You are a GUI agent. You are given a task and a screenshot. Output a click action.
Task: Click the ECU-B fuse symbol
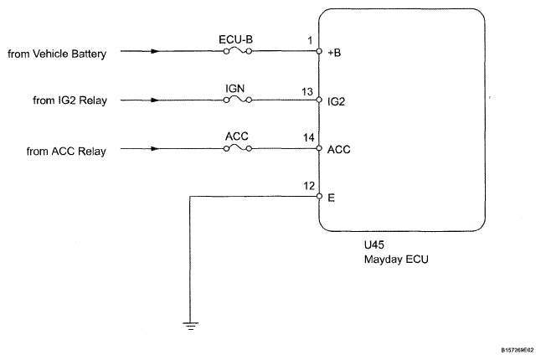[x=238, y=51]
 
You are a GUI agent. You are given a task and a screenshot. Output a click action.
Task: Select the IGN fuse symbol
[x=238, y=100]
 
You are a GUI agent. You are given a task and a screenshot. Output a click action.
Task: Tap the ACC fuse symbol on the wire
[x=238, y=149]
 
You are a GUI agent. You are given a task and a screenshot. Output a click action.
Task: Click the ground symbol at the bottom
[x=190, y=326]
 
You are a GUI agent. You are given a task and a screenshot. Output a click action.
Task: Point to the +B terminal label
[x=334, y=53]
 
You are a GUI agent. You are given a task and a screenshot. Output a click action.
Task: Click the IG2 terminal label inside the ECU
[x=336, y=101]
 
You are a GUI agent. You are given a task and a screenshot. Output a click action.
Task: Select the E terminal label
[x=331, y=198]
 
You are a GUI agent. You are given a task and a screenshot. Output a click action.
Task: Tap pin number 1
[x=310, y=41]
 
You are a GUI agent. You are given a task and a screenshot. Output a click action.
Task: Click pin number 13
[x=307, y=92]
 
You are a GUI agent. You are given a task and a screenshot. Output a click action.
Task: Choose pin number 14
[x=308, y=137]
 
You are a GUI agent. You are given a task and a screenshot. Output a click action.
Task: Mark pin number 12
[x=309, y=186]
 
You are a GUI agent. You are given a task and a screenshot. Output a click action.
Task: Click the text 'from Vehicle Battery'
[x=57, y=54]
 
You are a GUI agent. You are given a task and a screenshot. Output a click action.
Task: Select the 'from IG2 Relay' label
[x=70, y=100]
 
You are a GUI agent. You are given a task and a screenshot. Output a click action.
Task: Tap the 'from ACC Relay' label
[x=66, y=151]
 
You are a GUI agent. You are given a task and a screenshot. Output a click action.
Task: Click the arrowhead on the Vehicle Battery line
[x=155, y=51]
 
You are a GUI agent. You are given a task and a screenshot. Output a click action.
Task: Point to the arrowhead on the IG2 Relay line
[x=155, y=100]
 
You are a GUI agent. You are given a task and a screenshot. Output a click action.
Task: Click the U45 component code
[x=374, y=244]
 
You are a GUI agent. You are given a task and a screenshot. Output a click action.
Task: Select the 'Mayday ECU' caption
[x=396, y=260]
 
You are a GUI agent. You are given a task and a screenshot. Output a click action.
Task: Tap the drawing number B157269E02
[x=518, y=350]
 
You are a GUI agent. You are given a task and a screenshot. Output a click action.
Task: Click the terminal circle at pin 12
[x=319, y=197]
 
